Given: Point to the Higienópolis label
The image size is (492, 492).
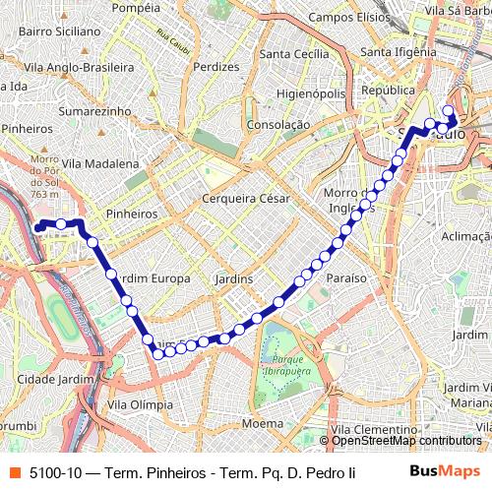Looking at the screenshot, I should click(x=311, y=93).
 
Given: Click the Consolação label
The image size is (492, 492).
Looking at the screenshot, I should click(x=278, y=125).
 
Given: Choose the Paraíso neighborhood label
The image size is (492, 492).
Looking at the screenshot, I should click(x=345, y=278).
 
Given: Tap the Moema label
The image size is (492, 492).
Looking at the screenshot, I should click(x=262, y=423).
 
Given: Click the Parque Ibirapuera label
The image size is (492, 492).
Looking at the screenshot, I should click(x=279, y=366).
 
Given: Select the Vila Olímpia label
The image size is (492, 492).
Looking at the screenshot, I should click(x=140, y=404).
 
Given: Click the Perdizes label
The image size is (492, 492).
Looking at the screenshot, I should click(x=217, y=67).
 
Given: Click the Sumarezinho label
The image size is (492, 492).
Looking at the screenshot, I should click(x=94, y=112).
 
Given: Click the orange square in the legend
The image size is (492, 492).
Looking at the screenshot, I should click(x=13, y=471).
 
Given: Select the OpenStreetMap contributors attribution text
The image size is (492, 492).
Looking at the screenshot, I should click(x=406, y=441).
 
